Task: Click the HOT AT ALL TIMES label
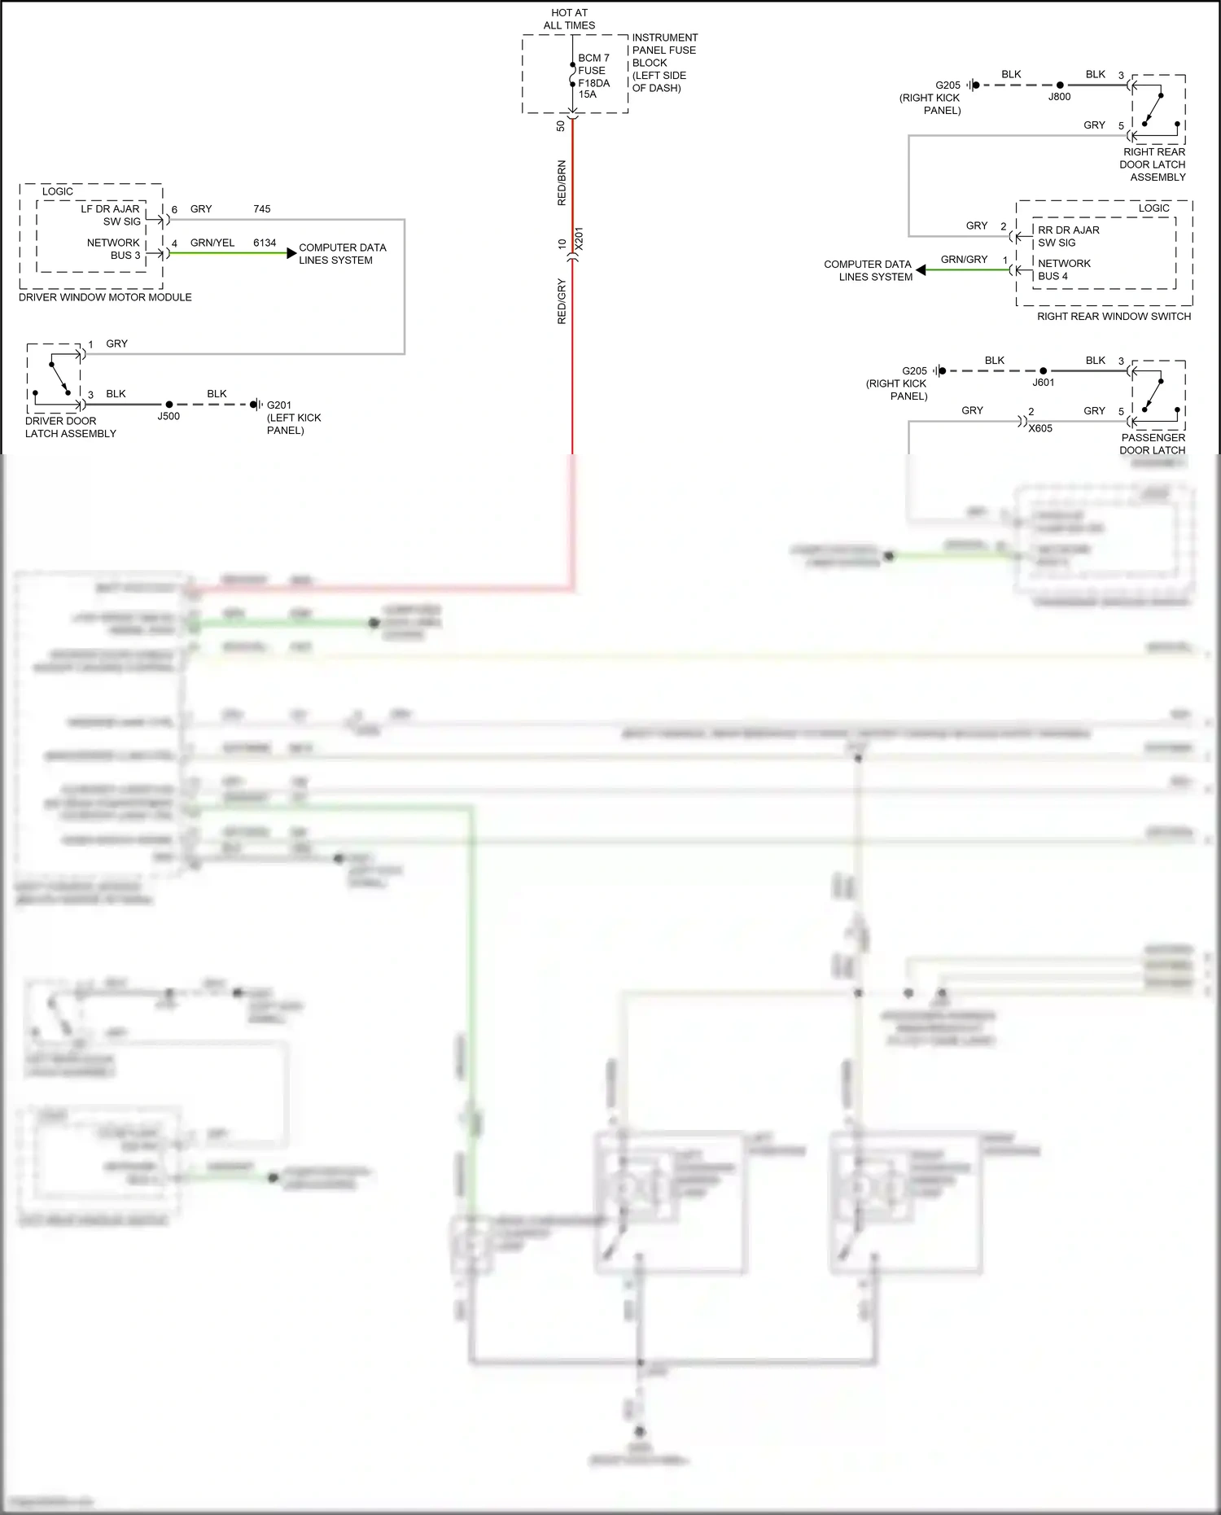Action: [569, 19]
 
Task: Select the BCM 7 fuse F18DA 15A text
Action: [593, 76]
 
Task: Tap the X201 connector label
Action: [580, 239]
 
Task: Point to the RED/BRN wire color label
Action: [562, 182]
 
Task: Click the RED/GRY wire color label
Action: [562, 301]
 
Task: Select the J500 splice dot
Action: [169, 405]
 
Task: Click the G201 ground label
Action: [279, 405]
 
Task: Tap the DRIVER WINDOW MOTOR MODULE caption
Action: [105, 297]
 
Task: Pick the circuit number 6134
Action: [265, 243]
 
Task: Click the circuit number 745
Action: [261, 209]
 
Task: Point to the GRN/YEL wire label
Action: [212, 243]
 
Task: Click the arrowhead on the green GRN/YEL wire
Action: [291, 253]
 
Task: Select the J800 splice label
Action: [1059, 97]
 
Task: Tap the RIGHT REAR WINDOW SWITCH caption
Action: [1114, 317]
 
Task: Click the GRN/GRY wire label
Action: [964, 260]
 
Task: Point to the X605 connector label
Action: [1040, 428]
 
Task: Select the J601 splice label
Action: [1044, 383]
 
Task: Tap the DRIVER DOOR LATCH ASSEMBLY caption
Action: [70, 427]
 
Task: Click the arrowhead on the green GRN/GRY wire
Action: [921, 269]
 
